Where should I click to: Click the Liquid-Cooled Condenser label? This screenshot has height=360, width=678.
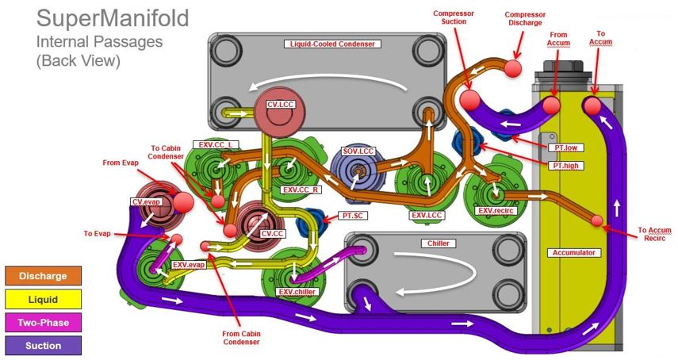[x=329, y=44]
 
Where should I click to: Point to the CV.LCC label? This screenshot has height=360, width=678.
[x=281, y=103]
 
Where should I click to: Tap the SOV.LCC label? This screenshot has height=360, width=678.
[x=358, y=151]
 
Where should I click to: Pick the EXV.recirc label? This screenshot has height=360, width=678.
[x=497, y=212]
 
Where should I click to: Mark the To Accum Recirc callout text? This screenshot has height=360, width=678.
[x=655, y=235]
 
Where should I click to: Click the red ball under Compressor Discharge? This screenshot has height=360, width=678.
[x=513, y=68]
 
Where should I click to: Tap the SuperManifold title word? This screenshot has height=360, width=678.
[x=113, y=19]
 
